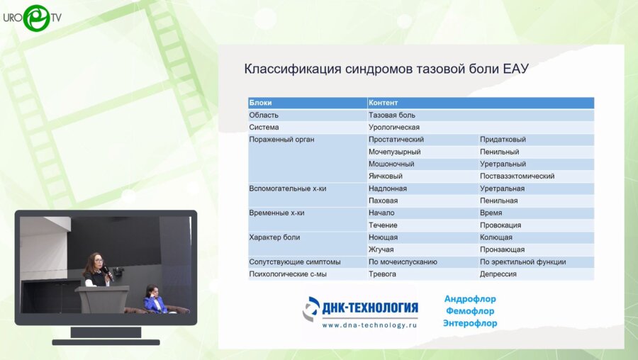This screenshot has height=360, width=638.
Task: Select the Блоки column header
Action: [x=260, y=103]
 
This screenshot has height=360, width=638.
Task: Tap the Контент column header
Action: [x=383, y=103]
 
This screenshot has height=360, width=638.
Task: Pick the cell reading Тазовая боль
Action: [x=391, y=115]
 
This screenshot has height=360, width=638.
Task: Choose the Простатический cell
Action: [x=396, y=140]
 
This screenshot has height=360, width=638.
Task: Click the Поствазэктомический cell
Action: [x=517, y=176]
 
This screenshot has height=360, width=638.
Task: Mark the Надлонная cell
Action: [x=387, y=189]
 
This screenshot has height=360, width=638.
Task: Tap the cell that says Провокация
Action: [x=500, y=225]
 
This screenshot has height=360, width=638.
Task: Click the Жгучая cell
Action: [x=381, y=249]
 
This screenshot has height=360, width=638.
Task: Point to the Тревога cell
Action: [x=383, y=274]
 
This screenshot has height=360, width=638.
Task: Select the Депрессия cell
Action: [x=498, y=274]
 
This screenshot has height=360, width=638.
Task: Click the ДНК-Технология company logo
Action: [x=361, y=308]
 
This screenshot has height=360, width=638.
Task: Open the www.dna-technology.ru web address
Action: [x=369, y=325]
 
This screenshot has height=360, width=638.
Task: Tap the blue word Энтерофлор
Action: [x=469, y=323]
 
